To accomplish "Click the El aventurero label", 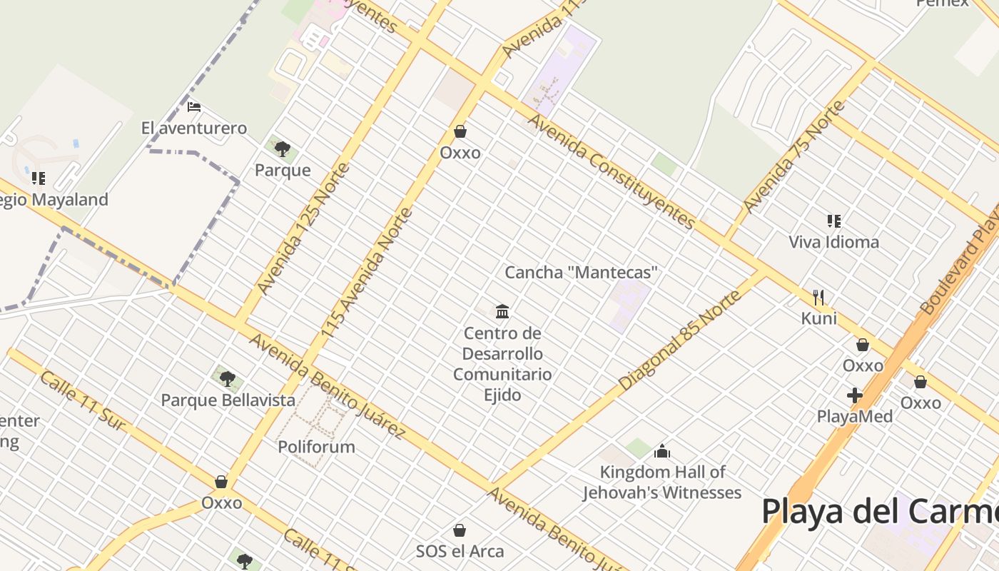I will pos(194,128).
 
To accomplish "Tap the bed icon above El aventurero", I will pos(194,108).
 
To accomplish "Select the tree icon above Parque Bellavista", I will pos(228,379).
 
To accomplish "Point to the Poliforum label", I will pos(316,448).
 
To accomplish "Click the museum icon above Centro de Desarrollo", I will pos(502,311).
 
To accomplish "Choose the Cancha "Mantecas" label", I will pos(581,273).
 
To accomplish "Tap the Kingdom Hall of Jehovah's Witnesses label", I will pos(662,482).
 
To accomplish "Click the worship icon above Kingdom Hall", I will pos(662,451).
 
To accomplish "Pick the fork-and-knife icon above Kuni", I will pos(818,297).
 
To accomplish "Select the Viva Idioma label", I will pos(833,242).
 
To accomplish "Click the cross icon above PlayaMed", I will pos(855,395).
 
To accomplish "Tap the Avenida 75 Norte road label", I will pos(793,158).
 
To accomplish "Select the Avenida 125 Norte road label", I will pos(304,229).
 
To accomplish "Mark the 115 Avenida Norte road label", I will pos(367,273).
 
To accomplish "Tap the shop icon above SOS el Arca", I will pos(460,530).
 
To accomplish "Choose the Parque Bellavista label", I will pos(228,400).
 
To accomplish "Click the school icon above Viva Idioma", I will pos(833,221).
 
